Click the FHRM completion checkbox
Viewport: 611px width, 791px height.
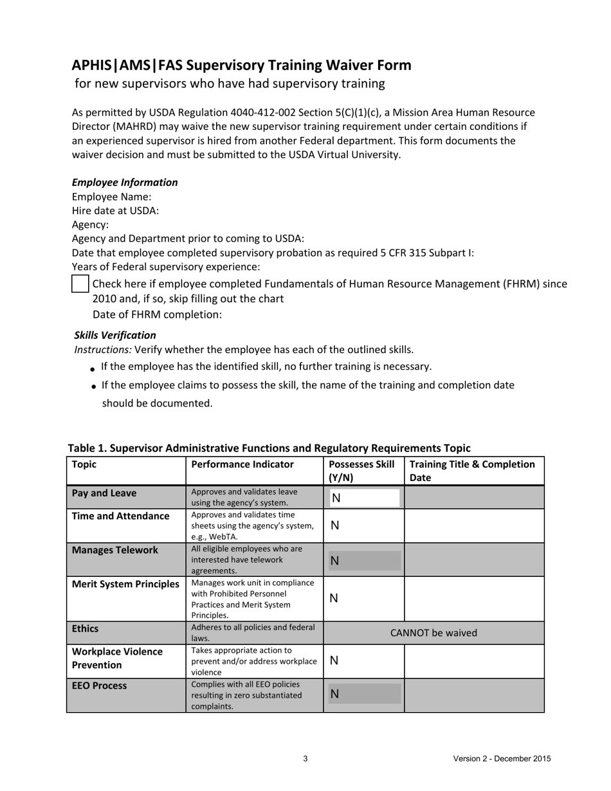pos(80,284)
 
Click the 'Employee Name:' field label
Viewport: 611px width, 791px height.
pos(111,197)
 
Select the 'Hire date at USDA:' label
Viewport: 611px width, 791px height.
pos(115,211)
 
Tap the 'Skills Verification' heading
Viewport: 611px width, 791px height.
pos(115,335)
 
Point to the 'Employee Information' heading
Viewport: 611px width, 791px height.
pos(125,183)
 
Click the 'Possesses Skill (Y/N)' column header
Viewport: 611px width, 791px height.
pos(361,471)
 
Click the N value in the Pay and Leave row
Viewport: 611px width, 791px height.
pos(336,498)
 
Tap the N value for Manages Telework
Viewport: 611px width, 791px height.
pos(334,561)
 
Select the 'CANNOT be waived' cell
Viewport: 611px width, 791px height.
pos(433,633)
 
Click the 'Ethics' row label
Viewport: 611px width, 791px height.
pos(86,628)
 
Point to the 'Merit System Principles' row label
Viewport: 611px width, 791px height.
pos(125,584)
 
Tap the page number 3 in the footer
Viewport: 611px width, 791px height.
pos(305,759)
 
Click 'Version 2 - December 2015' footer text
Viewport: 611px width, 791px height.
pos(502,759)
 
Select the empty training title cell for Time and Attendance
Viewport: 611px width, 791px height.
pos(474,525)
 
